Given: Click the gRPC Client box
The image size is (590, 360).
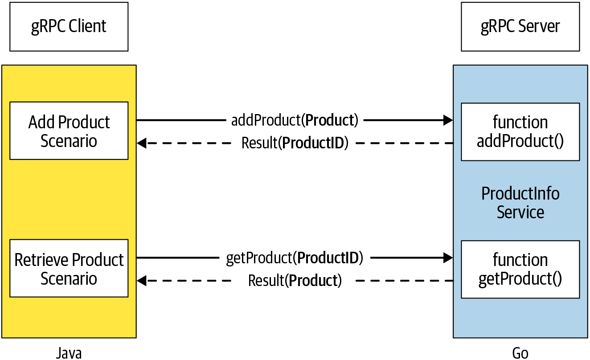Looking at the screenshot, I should click(x=69, y=27).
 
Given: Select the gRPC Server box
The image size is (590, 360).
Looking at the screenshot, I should click(x=520, y=27).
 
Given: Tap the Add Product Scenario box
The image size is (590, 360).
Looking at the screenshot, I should click(x=69, y=131).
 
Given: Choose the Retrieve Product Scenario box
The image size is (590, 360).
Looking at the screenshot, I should click(x=69, y=269).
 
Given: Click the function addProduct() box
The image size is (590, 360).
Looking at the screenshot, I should click(x=520, y=132).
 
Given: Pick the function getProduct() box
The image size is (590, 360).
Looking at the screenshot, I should click(x=520, y=269).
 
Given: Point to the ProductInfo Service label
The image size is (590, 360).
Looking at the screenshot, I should click(x=520, y=203).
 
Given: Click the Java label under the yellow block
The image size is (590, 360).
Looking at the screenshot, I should click(x=69, y=353).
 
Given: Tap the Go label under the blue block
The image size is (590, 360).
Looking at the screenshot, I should click(x=520, y=353).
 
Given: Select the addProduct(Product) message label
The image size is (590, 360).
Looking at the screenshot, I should click(x=295, y=120).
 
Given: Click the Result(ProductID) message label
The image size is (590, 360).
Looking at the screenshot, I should click(x=295, y=143).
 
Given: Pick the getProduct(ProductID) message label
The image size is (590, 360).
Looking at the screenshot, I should click(x=295, y=258).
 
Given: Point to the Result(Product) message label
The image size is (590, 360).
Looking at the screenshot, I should click(x=295, y=281).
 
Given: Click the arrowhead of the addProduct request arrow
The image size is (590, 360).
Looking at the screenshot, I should click(x=448, y=120).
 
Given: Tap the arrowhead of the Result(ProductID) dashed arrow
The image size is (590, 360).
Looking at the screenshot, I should click(x=142, y=143).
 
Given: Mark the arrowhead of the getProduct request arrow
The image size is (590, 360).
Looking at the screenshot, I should click(x=448, y=258).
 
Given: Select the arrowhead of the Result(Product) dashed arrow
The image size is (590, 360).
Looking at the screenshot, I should click(x=142, y=281).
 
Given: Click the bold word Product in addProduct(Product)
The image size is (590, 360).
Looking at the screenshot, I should click(x=330, y=120).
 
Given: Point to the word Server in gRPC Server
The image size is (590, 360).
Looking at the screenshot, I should click(x=539, y=27).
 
